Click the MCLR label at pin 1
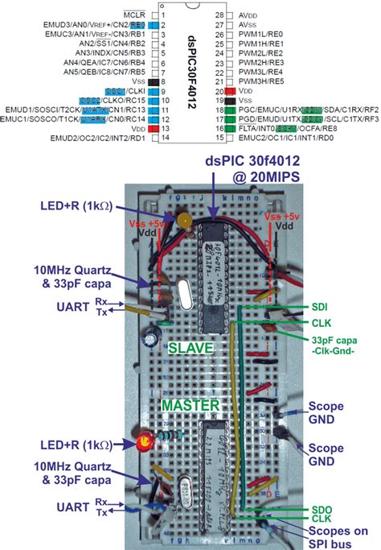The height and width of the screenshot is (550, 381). point(135,14)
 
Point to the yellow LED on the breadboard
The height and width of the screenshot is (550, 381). point(186,219)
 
